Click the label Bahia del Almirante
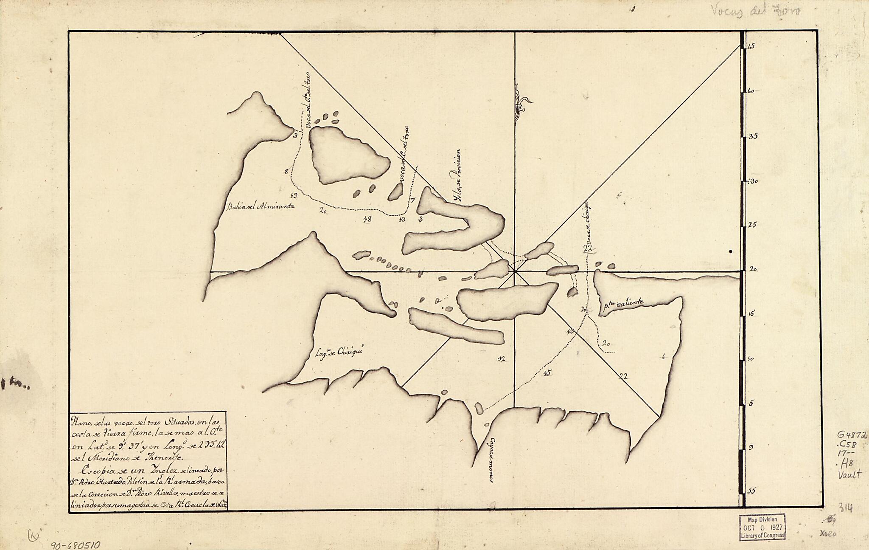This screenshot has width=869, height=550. (x=261, y=206)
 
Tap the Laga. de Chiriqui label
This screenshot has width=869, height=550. (x=340, y=352)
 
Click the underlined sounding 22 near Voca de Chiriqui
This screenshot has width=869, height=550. (x=588, y=249)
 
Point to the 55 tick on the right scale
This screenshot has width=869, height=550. (x=751, y=491)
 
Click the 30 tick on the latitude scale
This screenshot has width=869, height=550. (x=753, y=181)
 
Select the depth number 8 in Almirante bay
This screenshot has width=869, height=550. (x=286, y=172)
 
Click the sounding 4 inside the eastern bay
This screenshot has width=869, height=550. (x=663, y=357)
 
